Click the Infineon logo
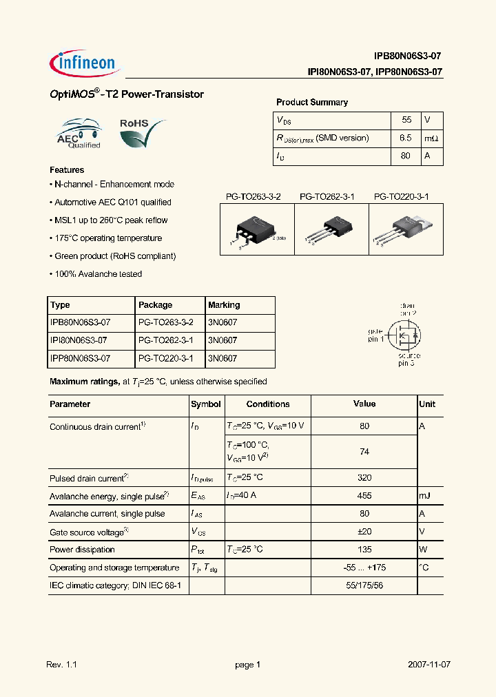pos(85,63)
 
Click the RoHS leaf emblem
pos(142,132)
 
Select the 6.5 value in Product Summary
pos(405,138)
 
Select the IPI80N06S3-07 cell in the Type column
pos(80,340)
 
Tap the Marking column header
pos(224,305)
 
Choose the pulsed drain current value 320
pos(364,477)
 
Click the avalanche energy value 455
pos(364,496)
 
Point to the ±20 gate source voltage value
pos(364,532)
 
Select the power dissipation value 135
pos(364,550)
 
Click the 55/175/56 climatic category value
pos(364,585)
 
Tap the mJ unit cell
pos(426,496)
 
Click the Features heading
pos(67,169)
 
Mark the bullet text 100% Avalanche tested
pos(98,274)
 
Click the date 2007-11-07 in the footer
pos(429,665)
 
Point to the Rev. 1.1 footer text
pos(61,665)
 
